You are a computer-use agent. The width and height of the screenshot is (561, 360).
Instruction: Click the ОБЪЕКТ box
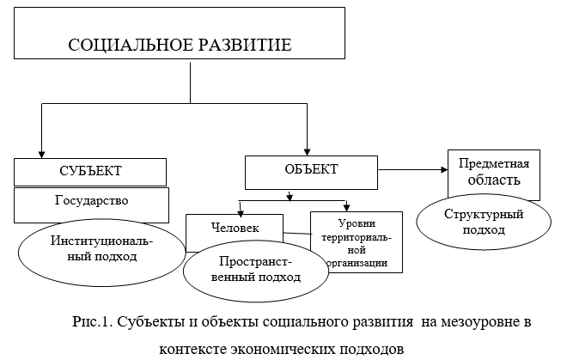pos(306,169)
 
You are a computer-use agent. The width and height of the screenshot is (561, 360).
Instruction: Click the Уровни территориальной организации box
pos(356,241)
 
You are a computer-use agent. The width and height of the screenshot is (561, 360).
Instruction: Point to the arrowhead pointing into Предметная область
pos(442,168)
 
